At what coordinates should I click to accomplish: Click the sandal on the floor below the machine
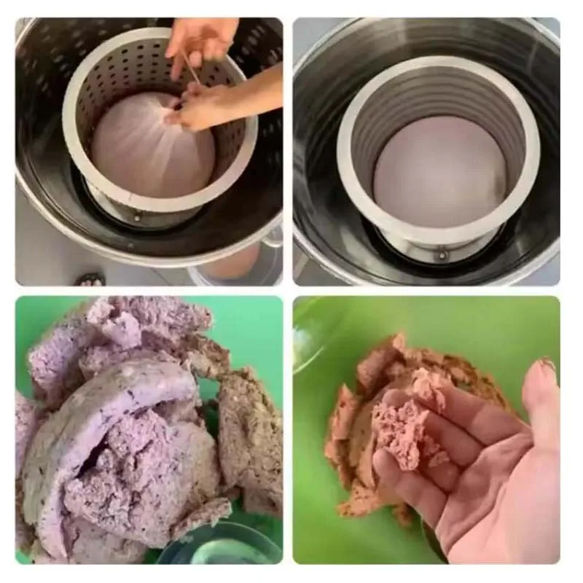pos(91,278)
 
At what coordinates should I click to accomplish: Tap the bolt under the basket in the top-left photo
pos(137,216)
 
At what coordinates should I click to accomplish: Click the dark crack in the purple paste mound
pos(109,466)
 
